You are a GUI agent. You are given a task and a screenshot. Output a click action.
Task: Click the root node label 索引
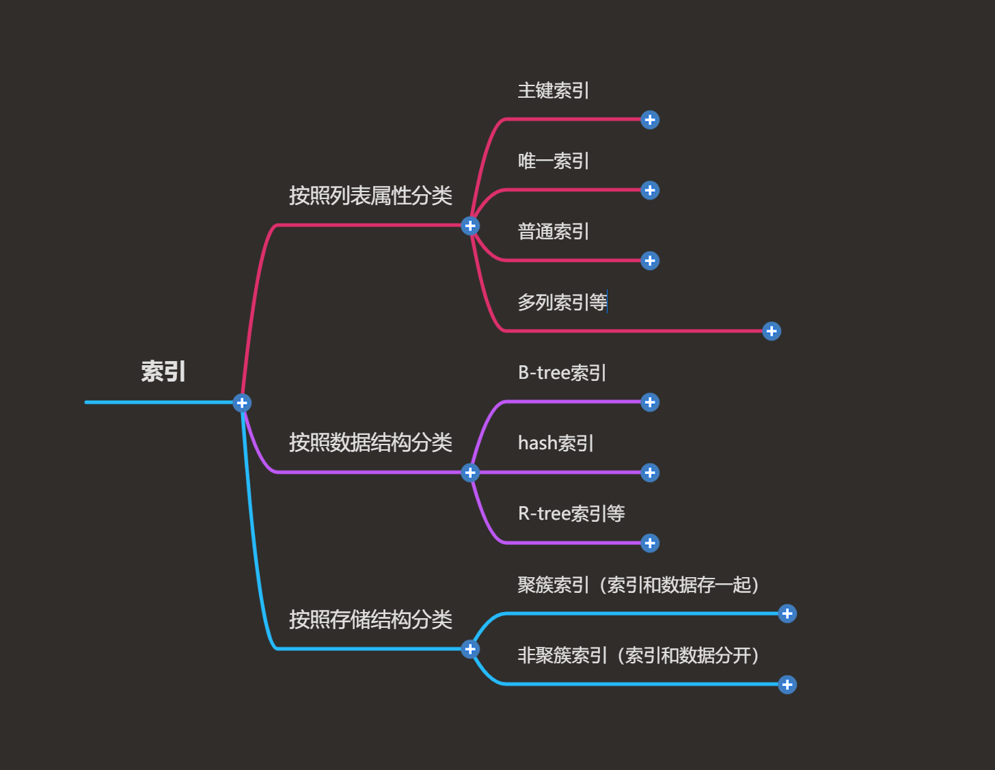[163, 371]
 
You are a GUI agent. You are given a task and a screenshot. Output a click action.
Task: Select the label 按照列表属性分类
[370, 196]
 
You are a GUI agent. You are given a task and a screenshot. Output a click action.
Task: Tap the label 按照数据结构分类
[370, 442]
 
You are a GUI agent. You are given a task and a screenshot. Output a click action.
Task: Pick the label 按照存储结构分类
[370, 620]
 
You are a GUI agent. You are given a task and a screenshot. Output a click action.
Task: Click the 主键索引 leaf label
[553, 90]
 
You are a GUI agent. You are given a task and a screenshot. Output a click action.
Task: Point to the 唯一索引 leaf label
[553, 161]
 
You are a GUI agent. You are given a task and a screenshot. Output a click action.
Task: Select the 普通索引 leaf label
[553, 231]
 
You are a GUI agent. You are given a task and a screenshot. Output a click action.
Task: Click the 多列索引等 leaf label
[562, 302]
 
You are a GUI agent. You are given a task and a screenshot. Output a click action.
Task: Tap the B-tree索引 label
[562, 373]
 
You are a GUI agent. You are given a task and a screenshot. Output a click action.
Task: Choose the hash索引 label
[556, 443]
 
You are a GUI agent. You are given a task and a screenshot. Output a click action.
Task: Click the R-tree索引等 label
[571, 514]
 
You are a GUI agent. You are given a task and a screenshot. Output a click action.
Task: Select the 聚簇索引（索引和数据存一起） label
[638, 585]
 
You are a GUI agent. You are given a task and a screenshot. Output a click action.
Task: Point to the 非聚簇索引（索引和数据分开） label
[638, 655]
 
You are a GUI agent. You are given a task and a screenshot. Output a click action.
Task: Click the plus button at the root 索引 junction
[242, 403]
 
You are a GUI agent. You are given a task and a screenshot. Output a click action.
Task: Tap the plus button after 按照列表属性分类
[470, 226]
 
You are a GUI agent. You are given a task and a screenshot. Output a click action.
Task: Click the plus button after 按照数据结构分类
[470, 473]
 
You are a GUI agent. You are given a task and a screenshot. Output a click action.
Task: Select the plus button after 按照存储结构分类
[470, 649]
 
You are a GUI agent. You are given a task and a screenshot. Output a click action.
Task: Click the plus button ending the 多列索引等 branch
[772, 332]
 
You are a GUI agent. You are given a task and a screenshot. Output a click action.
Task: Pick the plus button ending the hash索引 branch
[650, 473]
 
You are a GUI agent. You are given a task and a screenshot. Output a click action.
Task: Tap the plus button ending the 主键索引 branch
[650, 120]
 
